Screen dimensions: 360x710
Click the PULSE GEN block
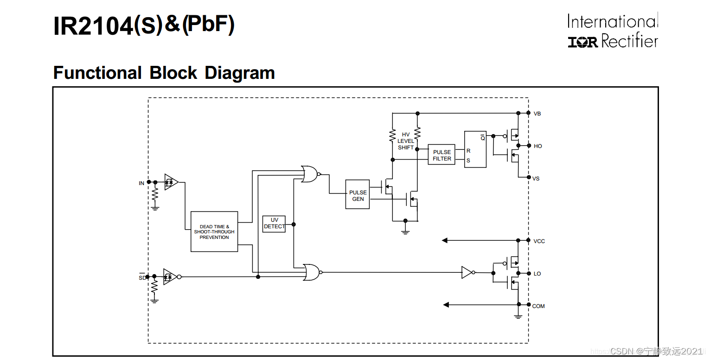pyautogui.click(x=358, y=194)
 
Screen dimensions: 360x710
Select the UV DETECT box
pyautogui.click(x=274, y=224)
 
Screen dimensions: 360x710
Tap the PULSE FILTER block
pyautogui.click(x=441, y=155)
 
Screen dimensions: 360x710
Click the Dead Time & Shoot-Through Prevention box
pyautogui.click(x=214, y=231)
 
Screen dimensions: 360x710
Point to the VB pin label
pyautogui.click(x=537, y=114)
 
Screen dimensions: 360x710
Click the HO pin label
pyautogui.click(x=537, y=146)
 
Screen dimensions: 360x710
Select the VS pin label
pyautogui.click(x=536, y=179)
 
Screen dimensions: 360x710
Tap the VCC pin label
pyautogui.click(x=539, y=241)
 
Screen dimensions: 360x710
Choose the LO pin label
pyautogui.click(x=537, y=274)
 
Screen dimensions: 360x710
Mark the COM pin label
pyautogui.click(x=538, y=306)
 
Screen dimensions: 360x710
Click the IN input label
pyautogui.click(x=141, y=183)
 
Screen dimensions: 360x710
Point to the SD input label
pyautogui.click(x=142, y=278)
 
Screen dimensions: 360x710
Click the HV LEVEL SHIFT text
pyautogui.click(x=406, y=141)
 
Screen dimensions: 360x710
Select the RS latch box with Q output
pyautogui.click(x=475, y=149)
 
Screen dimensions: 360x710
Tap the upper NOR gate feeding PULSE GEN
pyautogui.click(x=309, y=174)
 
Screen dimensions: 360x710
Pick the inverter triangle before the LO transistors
pyautogui.click(x=467, y=272)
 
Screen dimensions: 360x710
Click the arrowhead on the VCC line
pyautogui.click(x=445, y=240)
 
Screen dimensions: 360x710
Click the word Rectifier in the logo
pyautogui.click(x=629, y=42)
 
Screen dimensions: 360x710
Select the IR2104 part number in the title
pyautogui.click(x=93, y=26)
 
